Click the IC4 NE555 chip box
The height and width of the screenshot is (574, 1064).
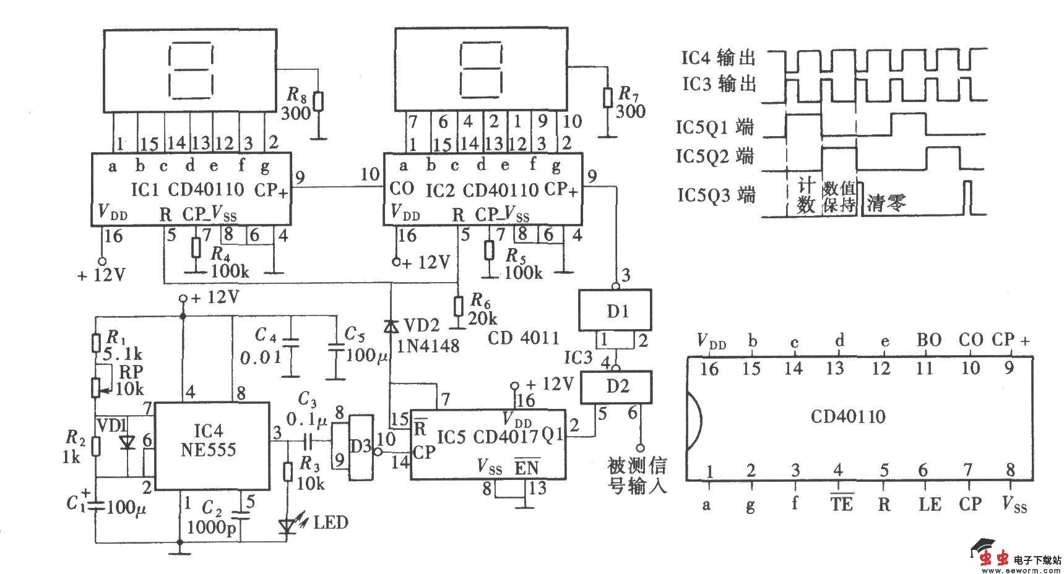[211, 445]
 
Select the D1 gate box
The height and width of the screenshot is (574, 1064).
[615, 311]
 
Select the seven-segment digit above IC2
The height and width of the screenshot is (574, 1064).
[480, 69]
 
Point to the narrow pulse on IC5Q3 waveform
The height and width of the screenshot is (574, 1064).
[969, 198]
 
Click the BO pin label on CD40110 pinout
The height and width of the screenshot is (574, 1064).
[928, 340]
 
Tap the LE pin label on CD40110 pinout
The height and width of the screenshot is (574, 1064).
[929, 505]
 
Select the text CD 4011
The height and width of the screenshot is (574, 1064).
[523, 338]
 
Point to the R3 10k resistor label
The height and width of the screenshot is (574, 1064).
[310, 473]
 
